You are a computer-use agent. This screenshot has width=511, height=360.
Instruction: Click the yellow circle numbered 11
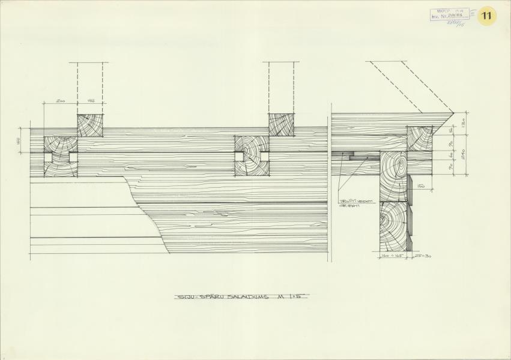486,17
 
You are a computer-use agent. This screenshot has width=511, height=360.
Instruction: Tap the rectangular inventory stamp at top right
449,15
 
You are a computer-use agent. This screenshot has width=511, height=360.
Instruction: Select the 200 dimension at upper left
60,101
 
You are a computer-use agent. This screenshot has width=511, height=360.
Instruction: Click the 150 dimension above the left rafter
90,101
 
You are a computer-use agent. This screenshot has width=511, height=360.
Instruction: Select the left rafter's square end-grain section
90,125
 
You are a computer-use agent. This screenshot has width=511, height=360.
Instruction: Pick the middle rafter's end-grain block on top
280,125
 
